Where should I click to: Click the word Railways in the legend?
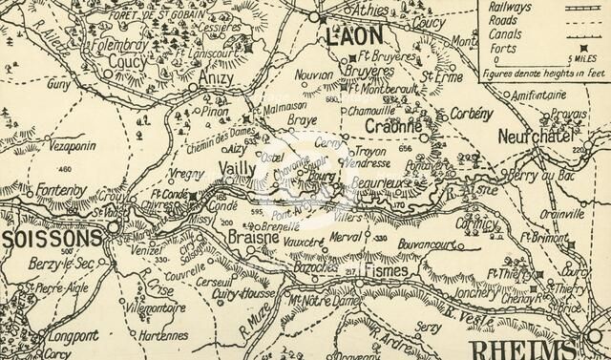point(511,6)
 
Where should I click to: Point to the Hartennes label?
point(158,336)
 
